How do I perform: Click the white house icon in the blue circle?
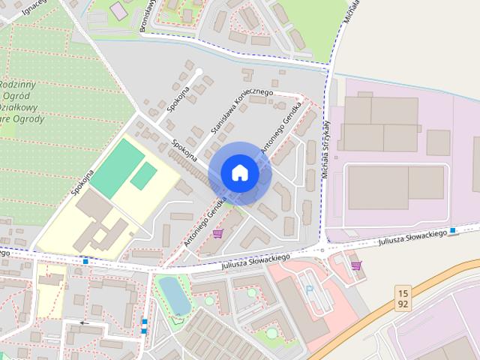(x=240, y=172)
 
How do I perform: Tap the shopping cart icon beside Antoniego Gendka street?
(x=217, y=234)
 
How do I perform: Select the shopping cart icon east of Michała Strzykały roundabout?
(x=355, y=265)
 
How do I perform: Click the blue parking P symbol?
(x=310, y=289)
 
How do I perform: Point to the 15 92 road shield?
(x=403, y=298)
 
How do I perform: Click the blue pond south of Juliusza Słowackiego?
(x=175, y=295)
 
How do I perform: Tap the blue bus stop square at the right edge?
(x=453, y=230)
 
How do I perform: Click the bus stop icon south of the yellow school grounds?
(x=86, y=261)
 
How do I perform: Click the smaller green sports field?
(x=142, y=176)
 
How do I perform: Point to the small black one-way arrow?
(x=83, y=324)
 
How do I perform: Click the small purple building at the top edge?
(x=118, y=11)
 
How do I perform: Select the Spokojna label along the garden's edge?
(x=82, y=181)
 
